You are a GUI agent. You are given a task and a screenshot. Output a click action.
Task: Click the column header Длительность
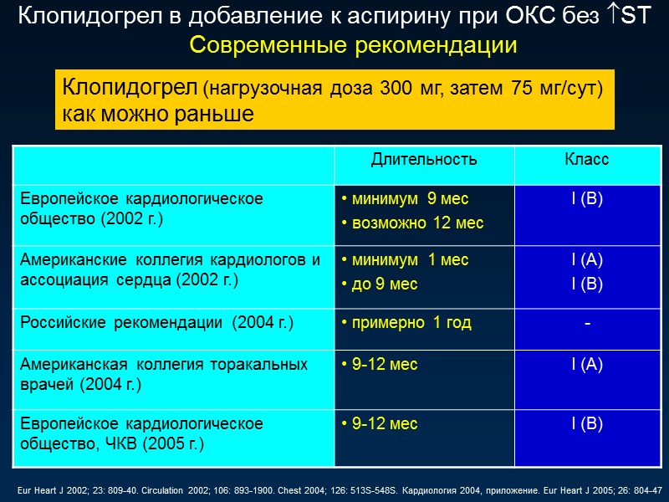tap(424, 160)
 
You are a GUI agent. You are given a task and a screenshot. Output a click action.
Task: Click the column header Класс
tap(586, 160)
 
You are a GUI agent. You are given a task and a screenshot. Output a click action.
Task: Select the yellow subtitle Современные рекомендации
tap(353, 46)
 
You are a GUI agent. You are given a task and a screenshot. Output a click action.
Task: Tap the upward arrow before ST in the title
tap(613, 16)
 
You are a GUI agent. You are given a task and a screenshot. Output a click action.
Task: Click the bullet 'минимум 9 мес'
tap(405, 199)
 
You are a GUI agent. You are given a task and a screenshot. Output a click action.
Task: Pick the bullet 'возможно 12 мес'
tap(411, 223)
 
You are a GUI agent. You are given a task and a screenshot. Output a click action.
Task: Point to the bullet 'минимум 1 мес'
tap(405, 260)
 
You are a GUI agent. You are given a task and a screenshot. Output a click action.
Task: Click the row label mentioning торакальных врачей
tap(164, 374)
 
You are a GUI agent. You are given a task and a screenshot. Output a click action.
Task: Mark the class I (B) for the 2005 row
tap(587, 424)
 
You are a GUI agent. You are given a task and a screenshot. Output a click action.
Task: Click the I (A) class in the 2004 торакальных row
tap(587, 364)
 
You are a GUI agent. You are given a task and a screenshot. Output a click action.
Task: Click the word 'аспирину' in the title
tap(307, 16)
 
